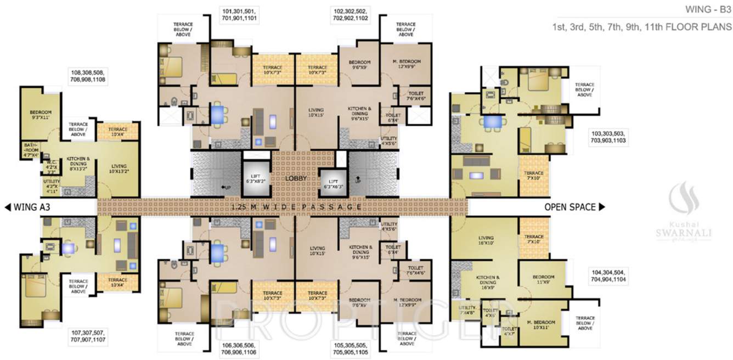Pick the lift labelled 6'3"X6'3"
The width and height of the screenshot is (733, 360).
332,183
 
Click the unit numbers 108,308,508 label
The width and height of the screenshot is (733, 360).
87,76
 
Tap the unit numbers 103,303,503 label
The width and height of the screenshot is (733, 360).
608,137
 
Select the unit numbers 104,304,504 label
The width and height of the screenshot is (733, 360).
608,275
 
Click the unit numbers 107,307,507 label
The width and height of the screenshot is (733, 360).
87,336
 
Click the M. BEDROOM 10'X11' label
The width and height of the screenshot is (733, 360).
540,324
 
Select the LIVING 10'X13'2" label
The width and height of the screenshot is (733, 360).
119,168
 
